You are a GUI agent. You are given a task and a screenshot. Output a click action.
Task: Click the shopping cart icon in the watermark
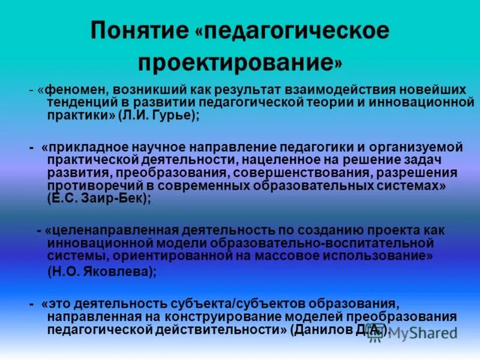coord(377,337)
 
